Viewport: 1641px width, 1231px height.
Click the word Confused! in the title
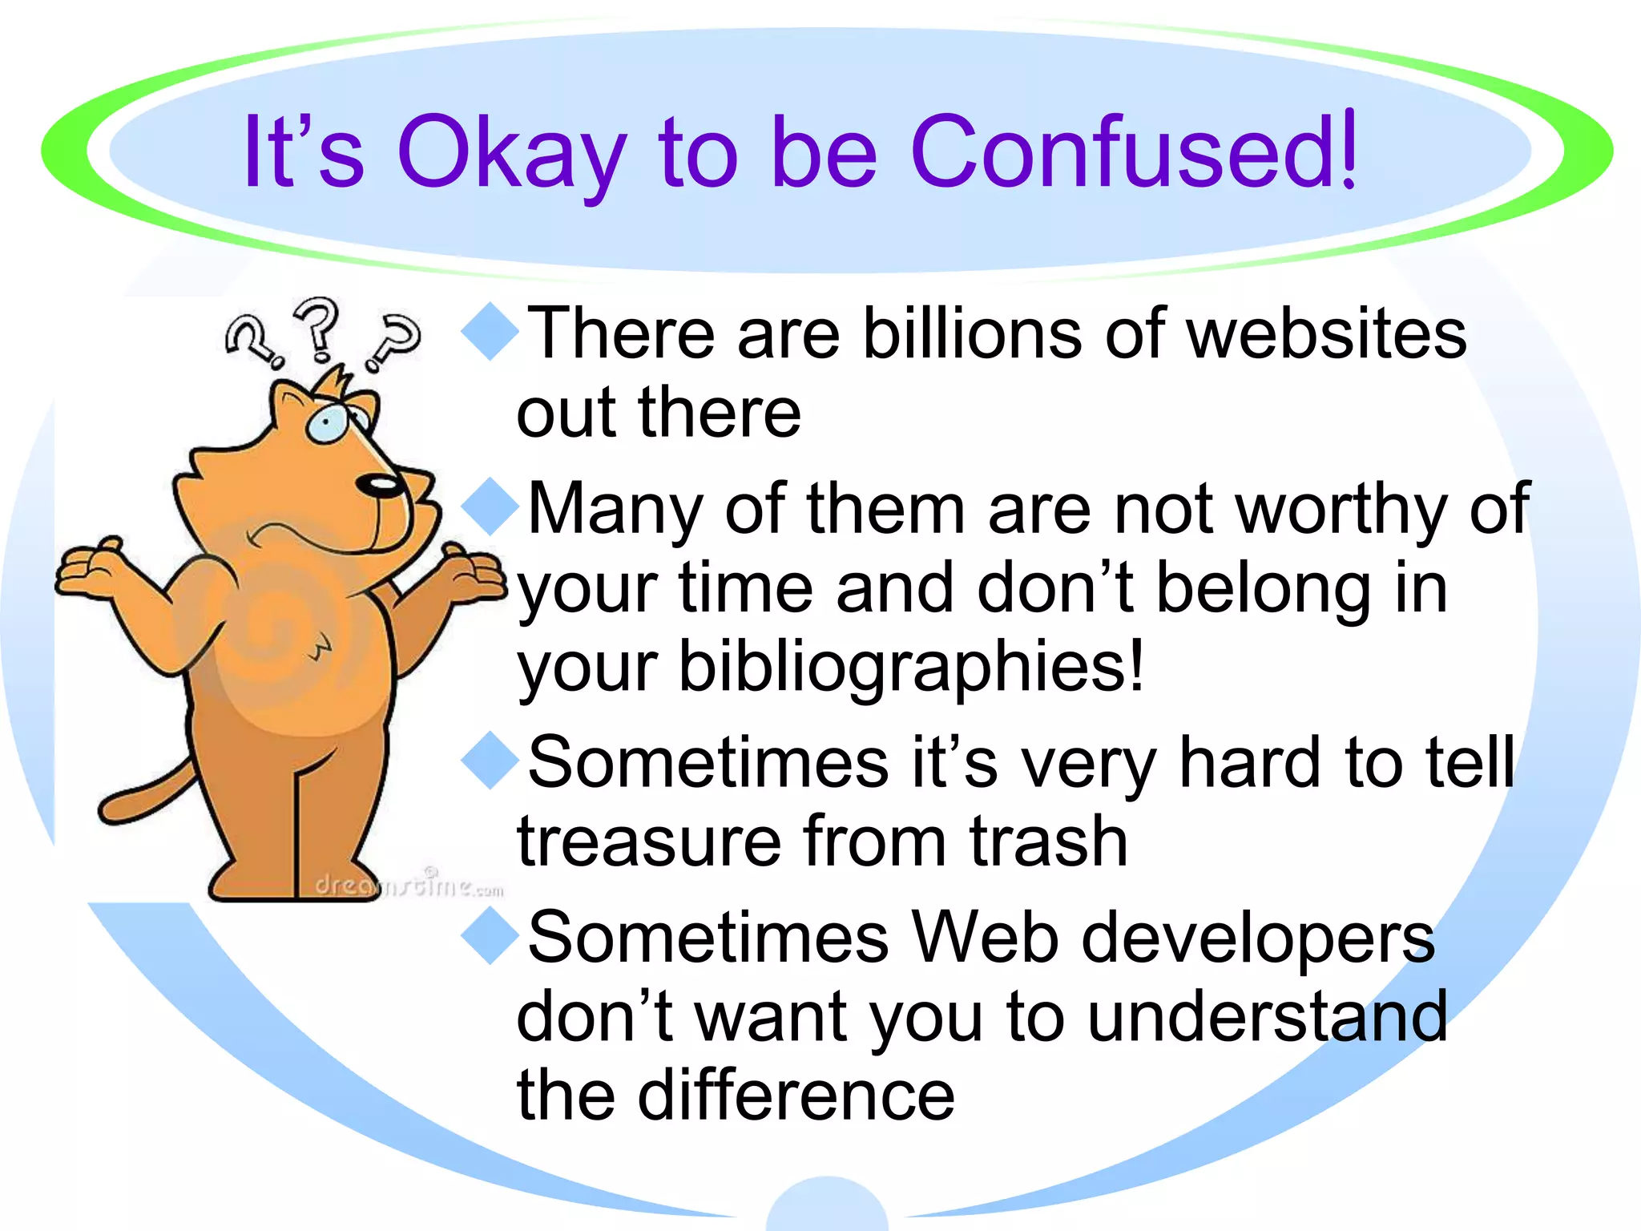pos(1134,151)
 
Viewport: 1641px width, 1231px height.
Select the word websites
pos(1326,334)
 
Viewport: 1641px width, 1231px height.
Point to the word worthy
pos(1342,511)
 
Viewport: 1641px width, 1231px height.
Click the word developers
pos(1258,939)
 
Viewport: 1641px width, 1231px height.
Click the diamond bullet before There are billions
pos(490,333)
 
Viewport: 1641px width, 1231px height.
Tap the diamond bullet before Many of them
pos(490,507)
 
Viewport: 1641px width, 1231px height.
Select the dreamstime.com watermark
pos(409,886)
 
